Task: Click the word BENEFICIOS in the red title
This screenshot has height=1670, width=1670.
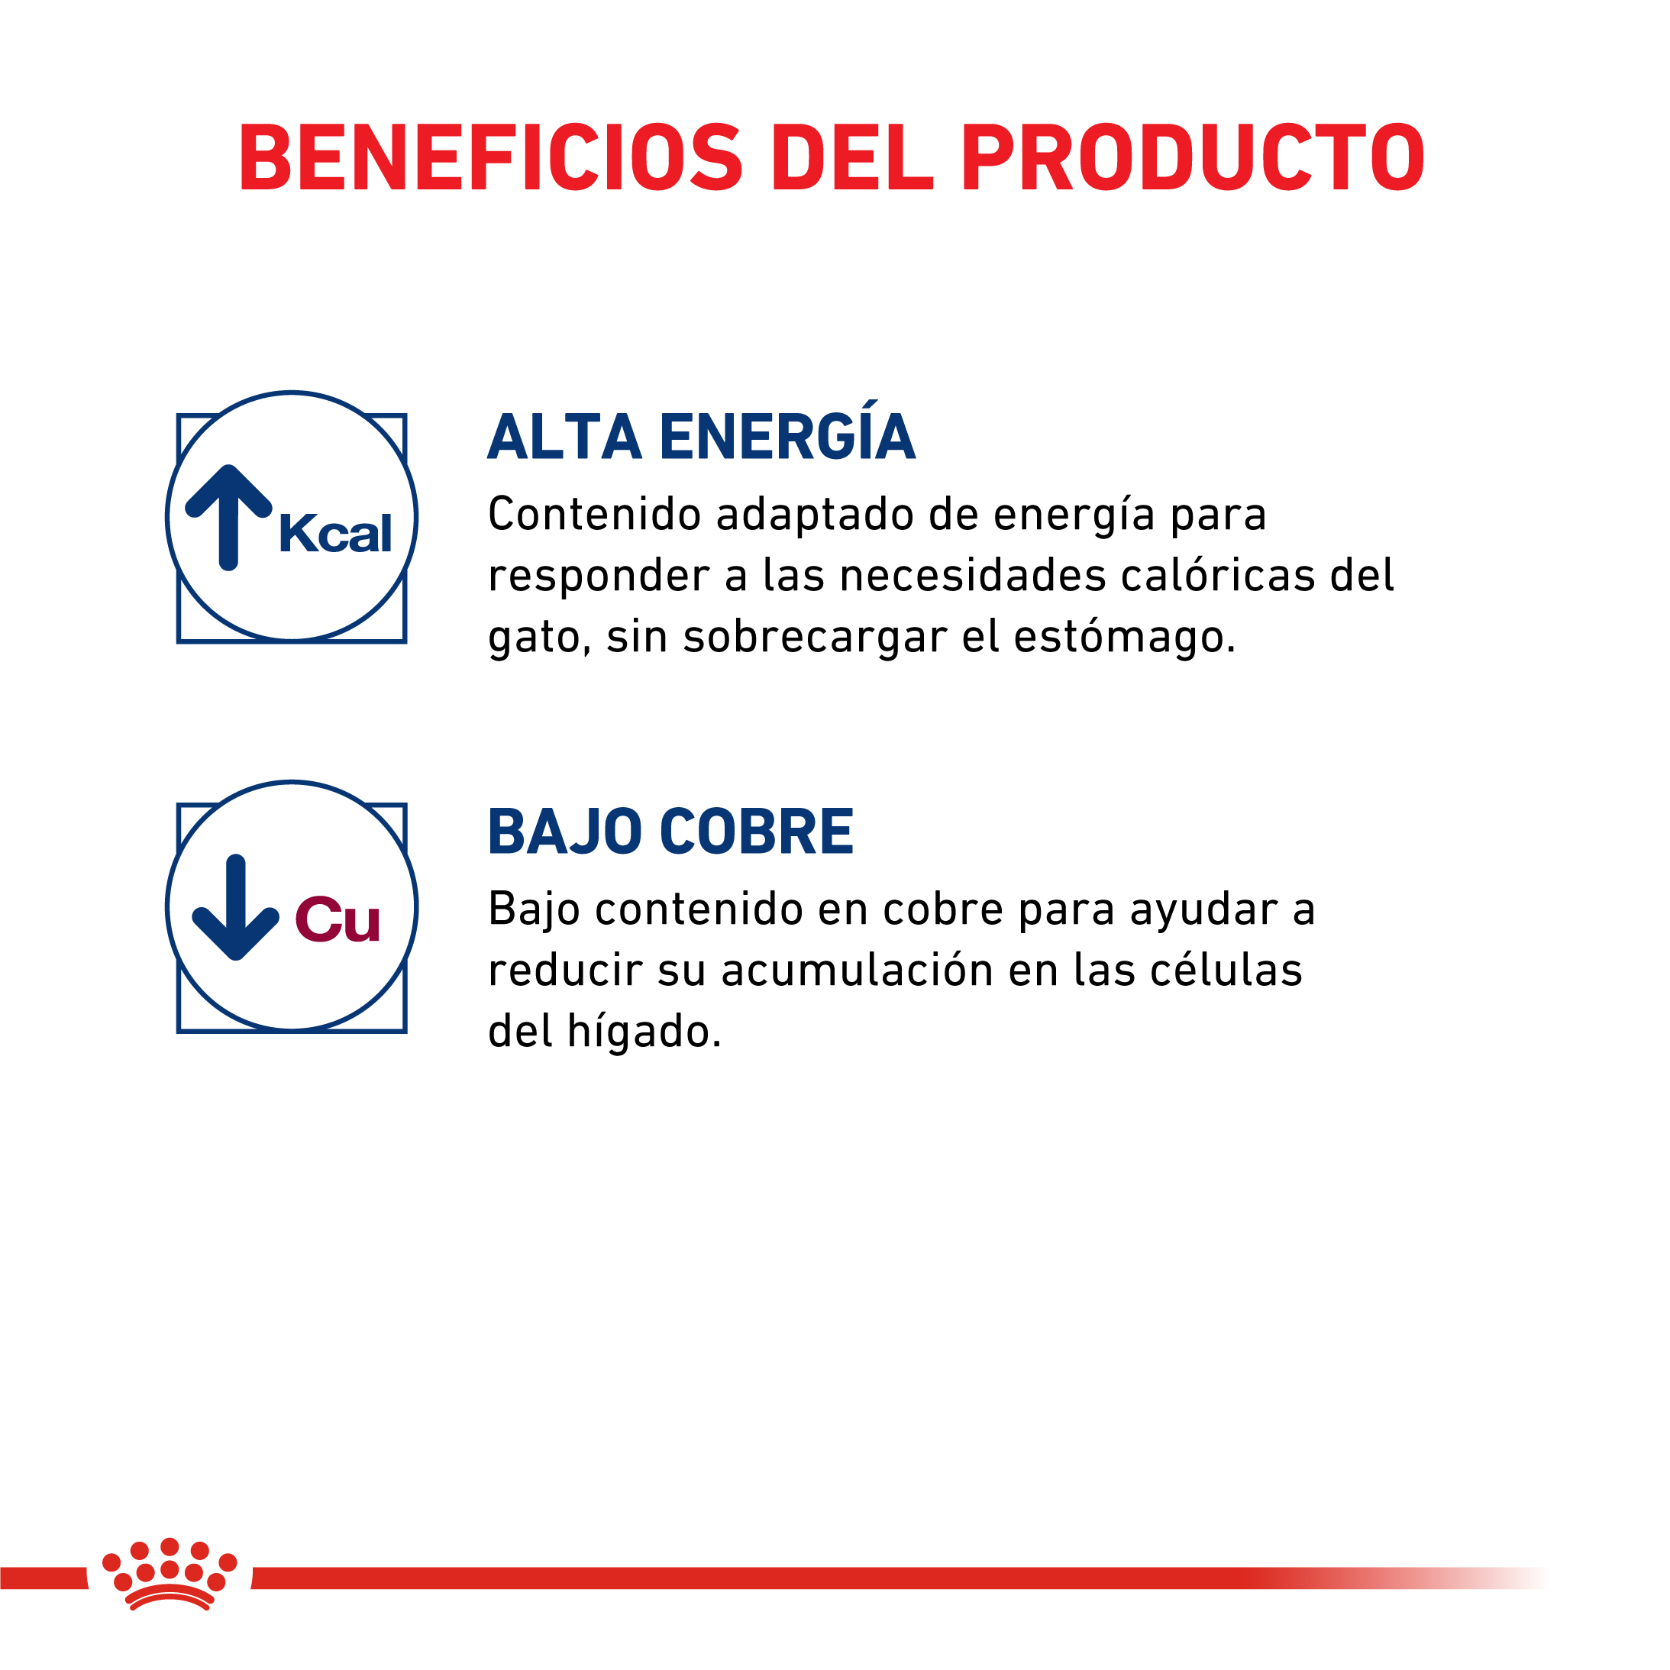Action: point(490,157)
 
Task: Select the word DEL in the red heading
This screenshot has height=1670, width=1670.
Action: point(852,157)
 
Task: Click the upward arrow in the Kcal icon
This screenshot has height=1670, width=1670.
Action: point(229,518)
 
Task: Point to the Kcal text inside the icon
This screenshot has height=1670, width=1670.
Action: point(335,533)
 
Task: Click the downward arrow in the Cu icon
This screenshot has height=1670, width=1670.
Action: point(235,906)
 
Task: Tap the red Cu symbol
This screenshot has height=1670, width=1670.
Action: point(337,919)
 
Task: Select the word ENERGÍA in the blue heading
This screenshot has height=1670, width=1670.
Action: point(787,431)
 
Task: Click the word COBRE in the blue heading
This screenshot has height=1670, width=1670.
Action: point(757,832)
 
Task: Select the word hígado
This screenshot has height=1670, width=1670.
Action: point(644,1031)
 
